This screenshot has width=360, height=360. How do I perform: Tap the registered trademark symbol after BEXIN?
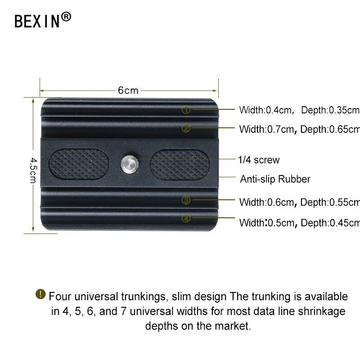pyautogui.click(x=66, y=17)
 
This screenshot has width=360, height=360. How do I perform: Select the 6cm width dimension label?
pyautogui.click(x=128, y=90)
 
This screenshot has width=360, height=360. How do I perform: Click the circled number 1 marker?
pyautogui.click(x=186, y=109)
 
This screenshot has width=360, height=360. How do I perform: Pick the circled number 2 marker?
pyautogui.click(x=186, y=128)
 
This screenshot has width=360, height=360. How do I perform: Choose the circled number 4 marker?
pyautogui.click(x=186, y=219)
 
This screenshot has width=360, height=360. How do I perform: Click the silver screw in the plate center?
pyautogui.click(x=128, y=164)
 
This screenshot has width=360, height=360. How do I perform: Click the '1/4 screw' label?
pyautogui.click(x=259, y=160)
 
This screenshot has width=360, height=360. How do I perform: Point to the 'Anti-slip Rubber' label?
pyautogui.click(x=275, y=179)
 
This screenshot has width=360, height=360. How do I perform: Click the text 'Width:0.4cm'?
pyautogui.click(x=265, y=110)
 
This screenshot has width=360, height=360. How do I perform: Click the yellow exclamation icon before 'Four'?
pyautogui.click(x=40, y=295)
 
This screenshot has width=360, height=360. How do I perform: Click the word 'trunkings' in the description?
pyautogui.click(x=135, y=297)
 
